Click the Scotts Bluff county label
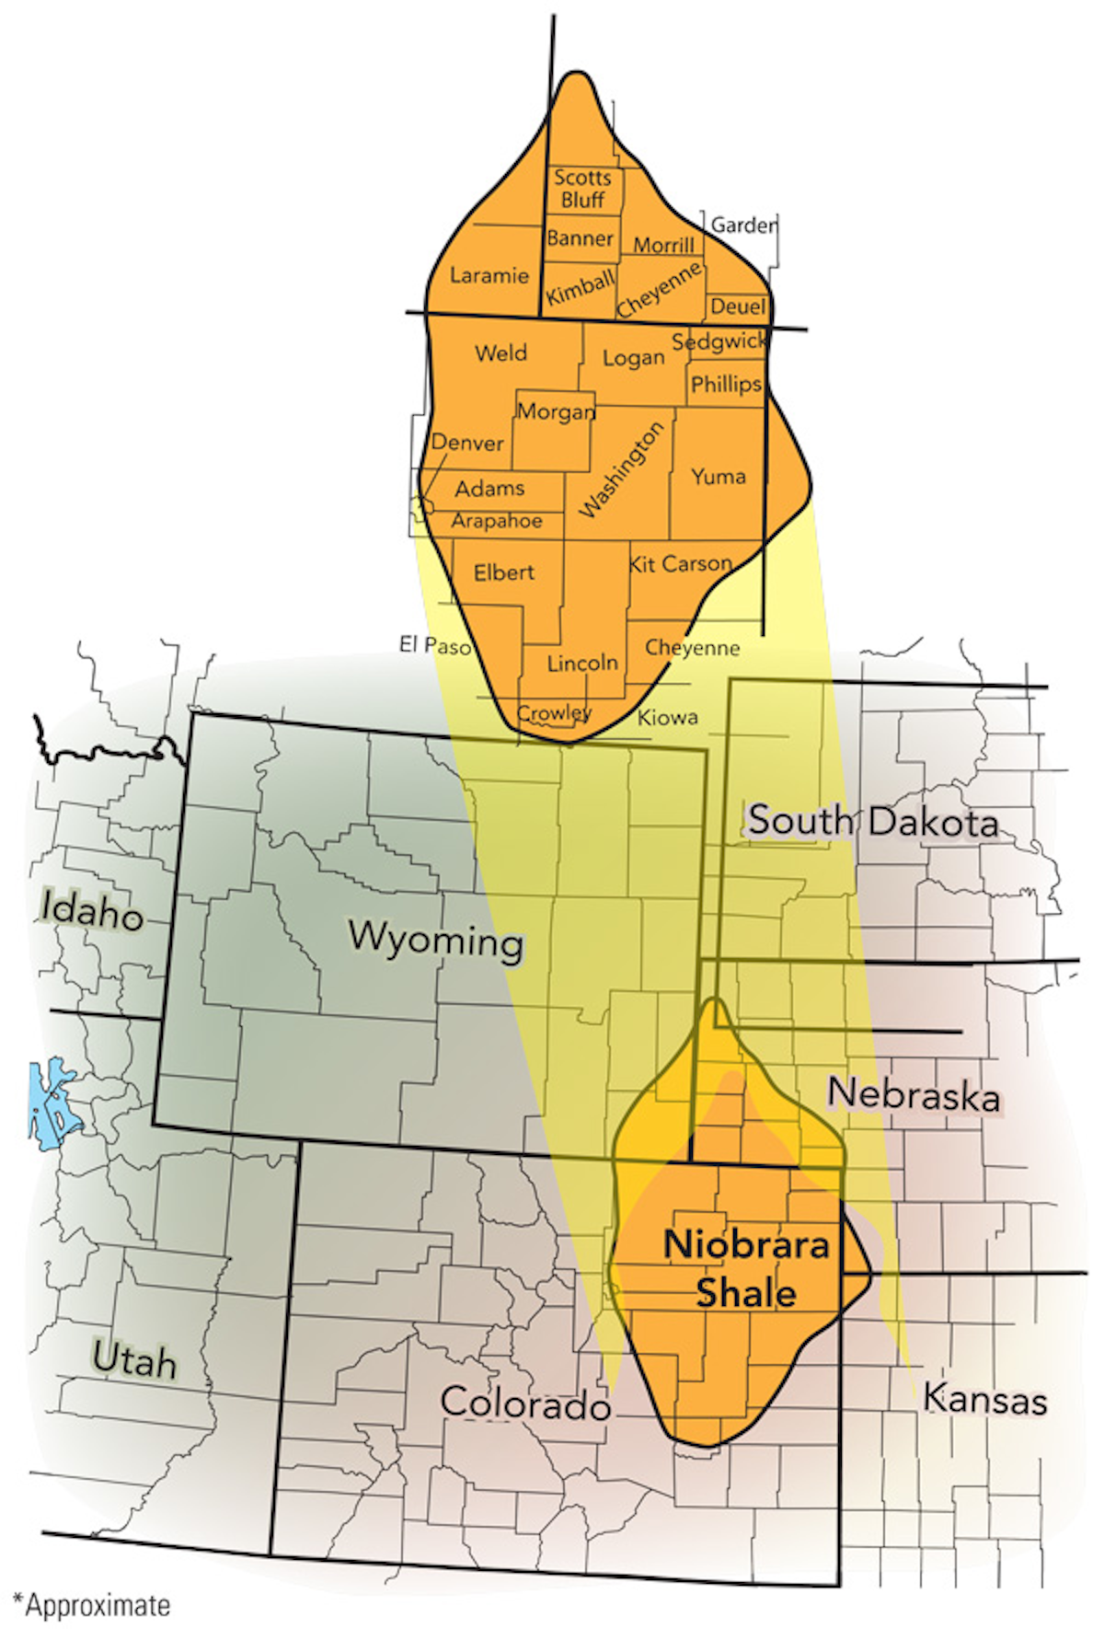pos(582,189)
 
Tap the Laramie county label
pos(489,275)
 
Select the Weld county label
pos(501,352)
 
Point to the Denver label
pos(467,443)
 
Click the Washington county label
pos(622,468)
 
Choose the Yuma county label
pos(719,476)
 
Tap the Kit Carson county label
pos(681,563)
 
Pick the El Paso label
pos(435,645)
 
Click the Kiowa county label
pos(668,717)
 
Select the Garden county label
pos(743,225)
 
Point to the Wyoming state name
pos(436,938)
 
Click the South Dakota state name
pos(872,820)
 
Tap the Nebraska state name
pos(914,1094)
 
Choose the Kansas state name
pos(985,1399)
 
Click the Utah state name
pos(134,1359)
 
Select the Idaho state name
pos(93,911)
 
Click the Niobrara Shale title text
pos(746,1268)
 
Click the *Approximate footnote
pos(92,1605)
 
